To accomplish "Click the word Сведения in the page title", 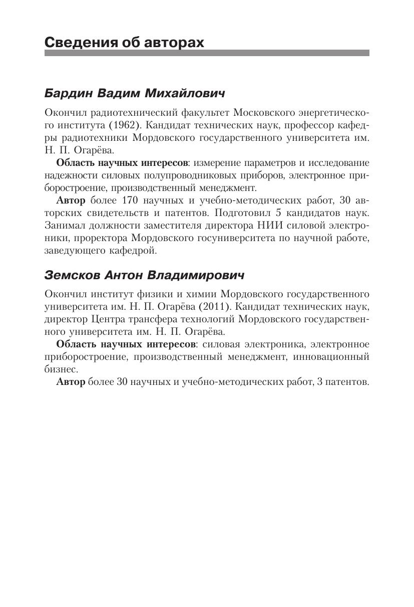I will click(76, 42).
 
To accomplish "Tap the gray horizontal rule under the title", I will click(207, 53).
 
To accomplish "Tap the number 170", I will click(131, 200).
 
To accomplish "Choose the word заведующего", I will click(73, 251).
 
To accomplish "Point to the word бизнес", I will click(60, 369).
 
